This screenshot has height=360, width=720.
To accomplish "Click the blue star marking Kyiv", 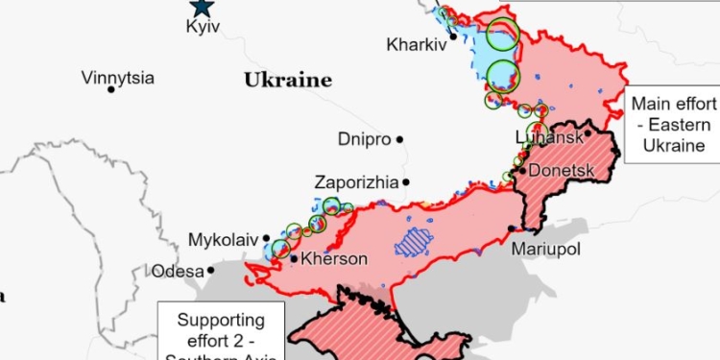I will coord(202,7).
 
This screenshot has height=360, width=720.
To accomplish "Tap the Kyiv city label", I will coord(203,27).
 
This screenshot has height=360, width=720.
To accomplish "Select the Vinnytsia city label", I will coord(118,77).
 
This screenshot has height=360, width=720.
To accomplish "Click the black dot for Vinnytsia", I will coord(112,89).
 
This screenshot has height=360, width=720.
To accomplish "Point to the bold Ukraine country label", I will coord(287,80).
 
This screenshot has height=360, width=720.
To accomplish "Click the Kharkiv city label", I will coord(417,44).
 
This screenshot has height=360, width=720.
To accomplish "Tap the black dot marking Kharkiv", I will coord(453,36).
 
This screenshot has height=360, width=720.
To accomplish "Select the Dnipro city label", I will coord(364,139).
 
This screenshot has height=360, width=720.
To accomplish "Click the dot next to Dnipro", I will coord(400,139).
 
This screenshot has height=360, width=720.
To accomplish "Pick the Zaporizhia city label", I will coord(356,181).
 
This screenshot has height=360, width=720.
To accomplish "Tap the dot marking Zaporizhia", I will coord(406,181).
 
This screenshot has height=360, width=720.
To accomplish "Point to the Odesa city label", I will coord(178,272).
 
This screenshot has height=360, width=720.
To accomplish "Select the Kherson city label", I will coord(334,259).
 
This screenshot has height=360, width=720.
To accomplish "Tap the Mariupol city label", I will coord(546,249).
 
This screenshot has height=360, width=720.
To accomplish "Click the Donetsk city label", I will coord(562,171).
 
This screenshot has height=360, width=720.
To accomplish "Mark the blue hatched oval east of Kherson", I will coord(415,242).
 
